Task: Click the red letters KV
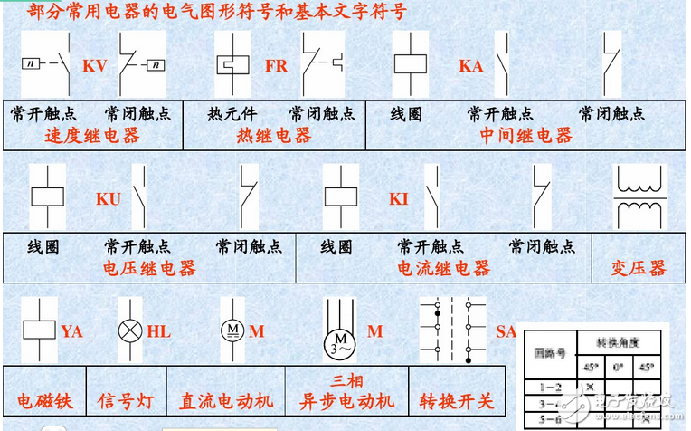pos(95,66)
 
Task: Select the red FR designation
pos(276,66)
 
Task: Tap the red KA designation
pos(470,66)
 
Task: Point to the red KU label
pos(108,198)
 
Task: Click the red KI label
pos(399,198)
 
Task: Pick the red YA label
pos(71,331)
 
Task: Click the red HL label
pos(158,331)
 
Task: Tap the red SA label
pos(506,331)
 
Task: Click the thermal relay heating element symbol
pos(232,66)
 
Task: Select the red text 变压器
pos(640,268)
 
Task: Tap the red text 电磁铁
pos(44,400)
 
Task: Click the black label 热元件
pos(232,114)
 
